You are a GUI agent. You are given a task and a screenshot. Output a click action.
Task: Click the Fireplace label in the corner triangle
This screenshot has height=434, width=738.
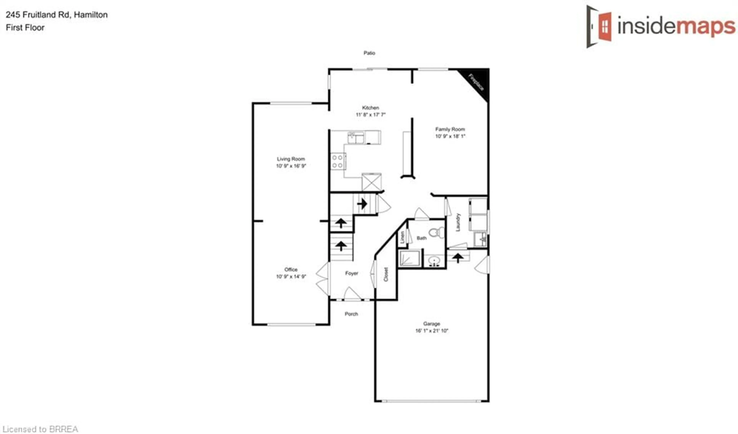click(476, 83)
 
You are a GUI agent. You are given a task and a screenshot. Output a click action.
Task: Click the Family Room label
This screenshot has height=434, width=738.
click(450, 129)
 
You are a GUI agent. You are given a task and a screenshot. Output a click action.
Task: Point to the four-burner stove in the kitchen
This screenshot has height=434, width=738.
click(338, 161)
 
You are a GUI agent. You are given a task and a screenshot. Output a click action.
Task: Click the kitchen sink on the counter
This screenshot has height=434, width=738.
click(356, 138)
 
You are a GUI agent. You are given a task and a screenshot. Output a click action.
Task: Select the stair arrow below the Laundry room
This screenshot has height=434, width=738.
click(458, 258)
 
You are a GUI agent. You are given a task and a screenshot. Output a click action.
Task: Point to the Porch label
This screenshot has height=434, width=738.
click(351, 314)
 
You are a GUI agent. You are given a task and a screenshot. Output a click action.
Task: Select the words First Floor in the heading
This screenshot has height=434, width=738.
click(25, 28)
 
